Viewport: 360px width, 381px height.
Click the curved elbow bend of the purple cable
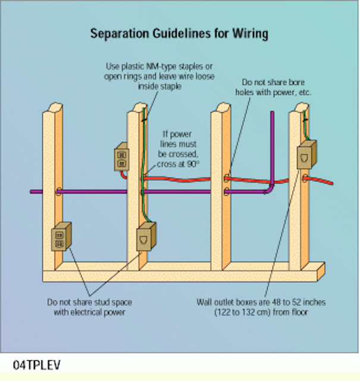click(270, 189)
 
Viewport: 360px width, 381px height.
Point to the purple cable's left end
click(33, 191)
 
